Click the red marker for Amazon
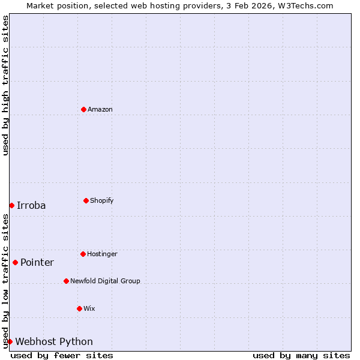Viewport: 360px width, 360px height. [x=83, y=109]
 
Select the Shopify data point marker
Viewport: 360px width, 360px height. [x=86, y=200]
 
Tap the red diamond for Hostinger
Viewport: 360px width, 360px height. [x=83, y=254]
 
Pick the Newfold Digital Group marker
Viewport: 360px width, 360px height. [x=66, y=281]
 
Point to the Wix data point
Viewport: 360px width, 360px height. [x=79, y=308]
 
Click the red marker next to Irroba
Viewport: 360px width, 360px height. [x=11, y=205]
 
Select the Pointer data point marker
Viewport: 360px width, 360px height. [x=15, y=262]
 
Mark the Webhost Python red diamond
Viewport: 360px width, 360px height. [x=10, y=341]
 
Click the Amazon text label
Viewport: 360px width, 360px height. [x=100, y=109]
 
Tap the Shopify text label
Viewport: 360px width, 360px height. [x=102, y=200]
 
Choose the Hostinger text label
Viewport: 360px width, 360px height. [x=102, y=254]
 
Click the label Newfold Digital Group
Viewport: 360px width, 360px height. [x=105, y=281]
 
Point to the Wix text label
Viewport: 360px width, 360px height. [x=89, y=308]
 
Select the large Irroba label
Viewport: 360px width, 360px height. [x=31, y=205]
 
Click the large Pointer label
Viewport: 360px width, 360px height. [x=37, y=262]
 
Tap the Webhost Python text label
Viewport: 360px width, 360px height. [x=54, y=341]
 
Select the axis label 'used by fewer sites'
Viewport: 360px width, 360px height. [x=62, y=355]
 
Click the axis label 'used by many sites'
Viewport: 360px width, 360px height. [x=301, y=355]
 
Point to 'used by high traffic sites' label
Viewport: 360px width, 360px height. [x=5, y=85]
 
